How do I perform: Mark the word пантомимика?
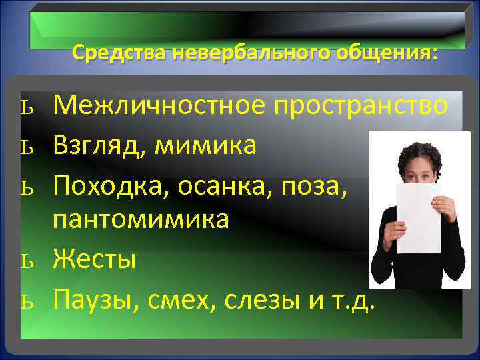(141, 219)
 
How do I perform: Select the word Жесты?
(95, 257)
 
